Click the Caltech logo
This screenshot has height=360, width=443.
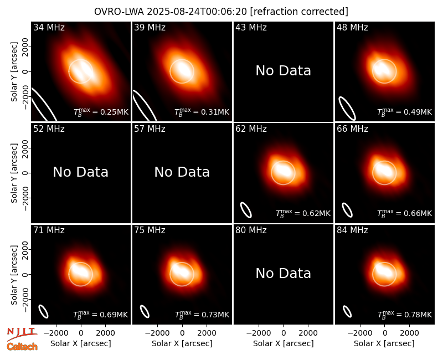22,347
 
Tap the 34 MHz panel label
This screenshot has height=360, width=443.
49,27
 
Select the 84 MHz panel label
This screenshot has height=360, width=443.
352,230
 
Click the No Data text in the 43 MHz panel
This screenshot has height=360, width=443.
284,71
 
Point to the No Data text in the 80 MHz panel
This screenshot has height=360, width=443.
284,273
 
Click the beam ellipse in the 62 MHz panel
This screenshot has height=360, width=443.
246,210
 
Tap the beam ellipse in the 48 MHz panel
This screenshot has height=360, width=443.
347,108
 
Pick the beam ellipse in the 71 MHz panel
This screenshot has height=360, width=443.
43,311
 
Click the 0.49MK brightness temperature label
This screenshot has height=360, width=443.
405,112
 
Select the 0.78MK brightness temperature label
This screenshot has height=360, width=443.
405,315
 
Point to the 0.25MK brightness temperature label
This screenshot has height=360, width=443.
101,112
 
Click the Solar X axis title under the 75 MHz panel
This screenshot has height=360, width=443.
182,343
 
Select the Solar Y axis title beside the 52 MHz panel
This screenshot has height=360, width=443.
14,173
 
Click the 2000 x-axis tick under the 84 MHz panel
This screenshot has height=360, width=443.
409,333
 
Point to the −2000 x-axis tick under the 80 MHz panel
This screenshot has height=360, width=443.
259,333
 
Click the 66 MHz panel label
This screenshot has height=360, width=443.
352,129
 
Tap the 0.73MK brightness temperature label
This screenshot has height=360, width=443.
202,315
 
